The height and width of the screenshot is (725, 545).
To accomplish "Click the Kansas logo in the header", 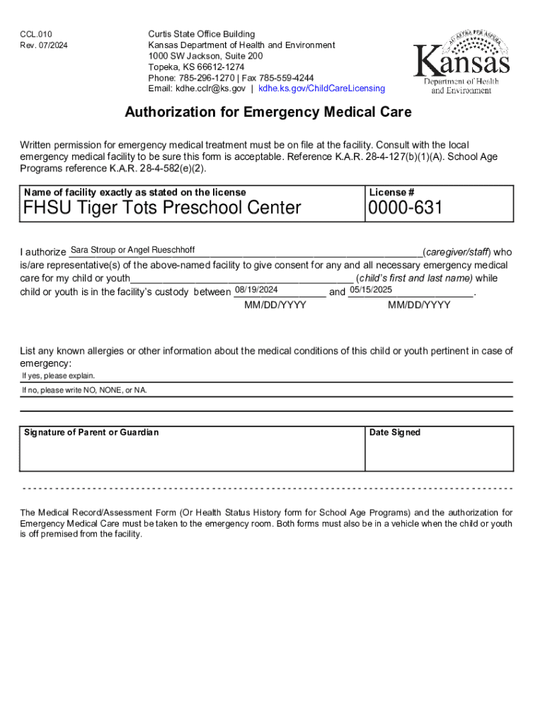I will pyautogui.click(x=461, y=62).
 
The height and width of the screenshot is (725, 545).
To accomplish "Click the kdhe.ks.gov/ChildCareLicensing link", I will pyautogui.click(x=321, y=89).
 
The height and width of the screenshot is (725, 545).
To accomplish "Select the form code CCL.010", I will pyautogui.click(x=36, y=34).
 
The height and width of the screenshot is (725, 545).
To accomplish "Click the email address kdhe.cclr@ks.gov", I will pyautogui.click(x=211, y=89).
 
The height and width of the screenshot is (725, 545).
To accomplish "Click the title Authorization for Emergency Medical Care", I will pyautogui.click(x=268, y=113).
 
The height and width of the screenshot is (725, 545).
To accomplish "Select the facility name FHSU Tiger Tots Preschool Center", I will pyautogui.click(x=162, y=207).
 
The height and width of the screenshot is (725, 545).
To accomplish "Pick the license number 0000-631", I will pyautogui.click(x=404, y=207).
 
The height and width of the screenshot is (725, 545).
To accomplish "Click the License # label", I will pyautogui.click(x=391, y=193).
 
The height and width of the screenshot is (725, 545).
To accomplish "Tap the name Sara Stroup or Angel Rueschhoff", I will pyautogui.click(x=133, y=250).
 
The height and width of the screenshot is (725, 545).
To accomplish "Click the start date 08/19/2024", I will pyautogui.click(x=256, y=290).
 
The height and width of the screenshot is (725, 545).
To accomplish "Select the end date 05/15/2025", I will pyautogui.click(x=372, y=290).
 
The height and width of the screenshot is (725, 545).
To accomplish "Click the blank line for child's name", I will pyautogui.click(x=241, y=279).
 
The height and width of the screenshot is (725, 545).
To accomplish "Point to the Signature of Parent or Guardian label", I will pyautogui.click(x=91, y=433).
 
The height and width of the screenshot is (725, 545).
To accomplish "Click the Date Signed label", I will pyautogui.click(x=395, y=433).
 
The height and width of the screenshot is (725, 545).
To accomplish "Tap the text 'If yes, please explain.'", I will pyautogui.click(x=58, y=376).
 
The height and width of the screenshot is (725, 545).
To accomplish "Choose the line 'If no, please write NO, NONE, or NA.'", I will pyautogui.click(x=84, y=390).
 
